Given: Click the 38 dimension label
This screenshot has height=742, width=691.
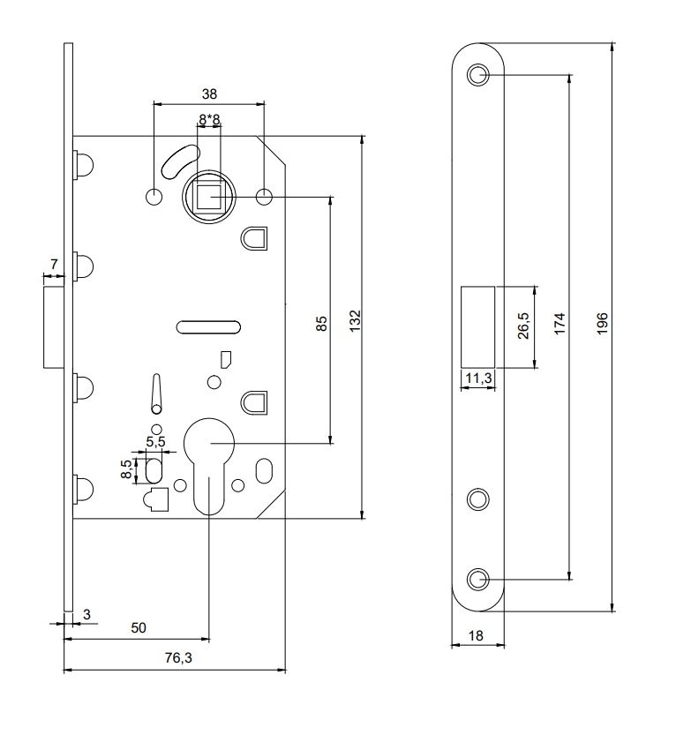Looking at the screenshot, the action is coord(209,94).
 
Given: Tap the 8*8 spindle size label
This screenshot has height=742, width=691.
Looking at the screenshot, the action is coord(209,120).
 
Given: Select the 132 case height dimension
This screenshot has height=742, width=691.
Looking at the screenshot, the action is coord(356,321).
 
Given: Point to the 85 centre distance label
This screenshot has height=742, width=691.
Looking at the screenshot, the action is coord(321,324).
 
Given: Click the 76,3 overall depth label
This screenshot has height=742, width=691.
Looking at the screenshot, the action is coord(178,658).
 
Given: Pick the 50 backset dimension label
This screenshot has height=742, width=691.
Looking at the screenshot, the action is coord(139,628).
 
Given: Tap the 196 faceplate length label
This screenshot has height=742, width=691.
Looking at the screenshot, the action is coord(602,324).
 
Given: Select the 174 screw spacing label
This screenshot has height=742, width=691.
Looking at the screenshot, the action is coord(560,324).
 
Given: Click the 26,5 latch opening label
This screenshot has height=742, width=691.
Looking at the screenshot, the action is coord(523,326).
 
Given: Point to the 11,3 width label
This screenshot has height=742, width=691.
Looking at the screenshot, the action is coord(478,378).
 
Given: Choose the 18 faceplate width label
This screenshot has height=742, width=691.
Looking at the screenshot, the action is coord(476,635).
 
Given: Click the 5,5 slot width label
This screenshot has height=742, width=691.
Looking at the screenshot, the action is coord(155,441).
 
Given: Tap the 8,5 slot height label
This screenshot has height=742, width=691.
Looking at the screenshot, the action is coord(126,469).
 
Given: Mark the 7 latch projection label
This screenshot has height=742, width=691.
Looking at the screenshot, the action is coord(54,264).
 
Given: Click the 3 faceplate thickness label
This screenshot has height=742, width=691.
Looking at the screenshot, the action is coord(86,614).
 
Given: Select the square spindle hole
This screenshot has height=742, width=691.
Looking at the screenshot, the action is coord(209,197).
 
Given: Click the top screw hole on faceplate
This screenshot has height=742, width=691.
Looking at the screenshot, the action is coord(478,75).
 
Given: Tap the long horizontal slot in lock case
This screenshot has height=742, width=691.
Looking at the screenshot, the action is coord(208,327).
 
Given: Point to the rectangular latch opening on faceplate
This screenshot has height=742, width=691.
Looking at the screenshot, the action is coord(478,327).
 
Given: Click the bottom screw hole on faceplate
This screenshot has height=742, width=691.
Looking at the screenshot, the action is coord(478,579).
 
